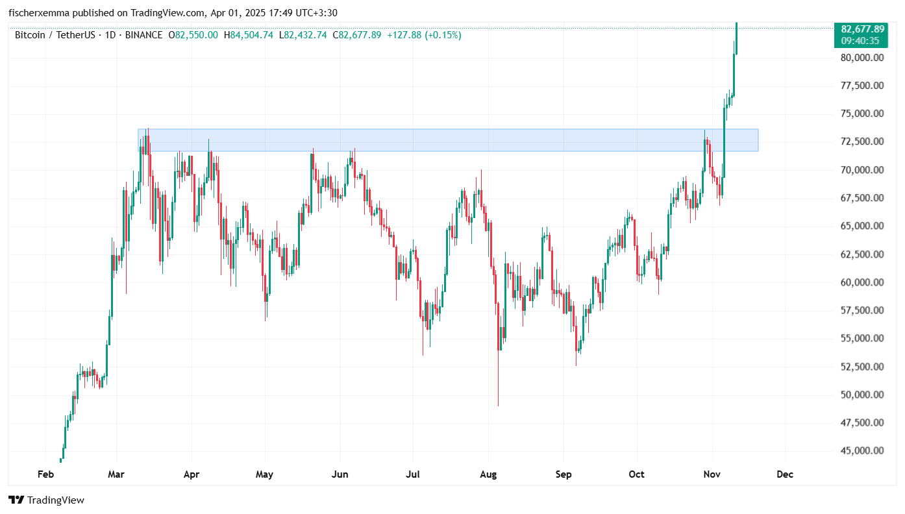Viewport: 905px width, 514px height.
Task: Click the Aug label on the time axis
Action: click(488, 474)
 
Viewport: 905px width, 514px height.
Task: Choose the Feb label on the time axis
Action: click(45, 474)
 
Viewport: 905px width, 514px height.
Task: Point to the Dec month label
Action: click(785, 474)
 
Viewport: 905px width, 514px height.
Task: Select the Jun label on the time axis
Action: click(340, 474)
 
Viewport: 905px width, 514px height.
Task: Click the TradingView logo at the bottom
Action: click(46, 500)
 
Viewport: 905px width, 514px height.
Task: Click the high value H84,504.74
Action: click(249, 35)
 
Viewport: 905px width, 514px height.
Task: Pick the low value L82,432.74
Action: click(304, 35)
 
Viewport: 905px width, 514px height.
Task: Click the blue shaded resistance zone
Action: click(448, 140)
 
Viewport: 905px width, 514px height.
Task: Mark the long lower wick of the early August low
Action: click(498, 383)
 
